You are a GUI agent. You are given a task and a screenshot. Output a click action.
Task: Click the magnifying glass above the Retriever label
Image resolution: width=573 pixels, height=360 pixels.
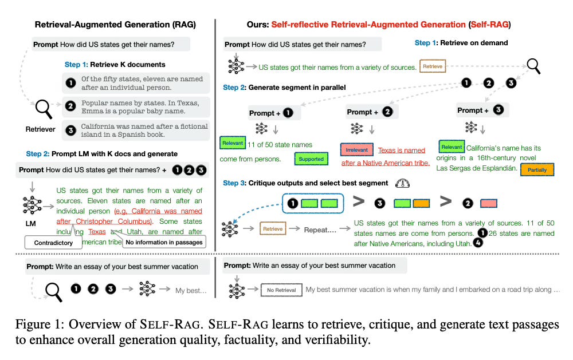pyautogui.click(x=44, y=108)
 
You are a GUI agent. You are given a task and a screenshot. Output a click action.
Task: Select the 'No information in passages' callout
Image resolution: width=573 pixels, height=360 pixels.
pyautogui.click(x=164, y=242)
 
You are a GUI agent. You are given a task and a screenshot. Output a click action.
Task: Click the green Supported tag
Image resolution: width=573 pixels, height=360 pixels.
pyautogui.click(x=311, y=159)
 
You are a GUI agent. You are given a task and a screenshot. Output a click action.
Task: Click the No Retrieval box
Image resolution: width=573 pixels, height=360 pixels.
pyautogui.click(x=281, y=290)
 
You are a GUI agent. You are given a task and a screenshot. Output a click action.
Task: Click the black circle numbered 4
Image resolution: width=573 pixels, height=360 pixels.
pyautogui.click(x=478, y=243)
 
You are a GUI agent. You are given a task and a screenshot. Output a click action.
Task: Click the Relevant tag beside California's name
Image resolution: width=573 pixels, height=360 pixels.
pyautogui.click(x=451, y=147)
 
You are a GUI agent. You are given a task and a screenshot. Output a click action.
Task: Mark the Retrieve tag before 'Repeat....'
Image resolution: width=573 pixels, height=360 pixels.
pyautogui.click(x=273, y=229)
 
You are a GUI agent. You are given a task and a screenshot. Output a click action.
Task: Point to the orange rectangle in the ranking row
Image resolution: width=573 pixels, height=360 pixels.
pyautogui.click(x=421, y=203)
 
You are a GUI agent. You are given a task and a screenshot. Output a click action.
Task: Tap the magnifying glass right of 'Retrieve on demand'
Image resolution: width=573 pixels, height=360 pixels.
pyautogui.click(x=533, y=66)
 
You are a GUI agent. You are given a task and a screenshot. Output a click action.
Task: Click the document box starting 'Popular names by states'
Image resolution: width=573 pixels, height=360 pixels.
pyautogui.click(x=136, y=106)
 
